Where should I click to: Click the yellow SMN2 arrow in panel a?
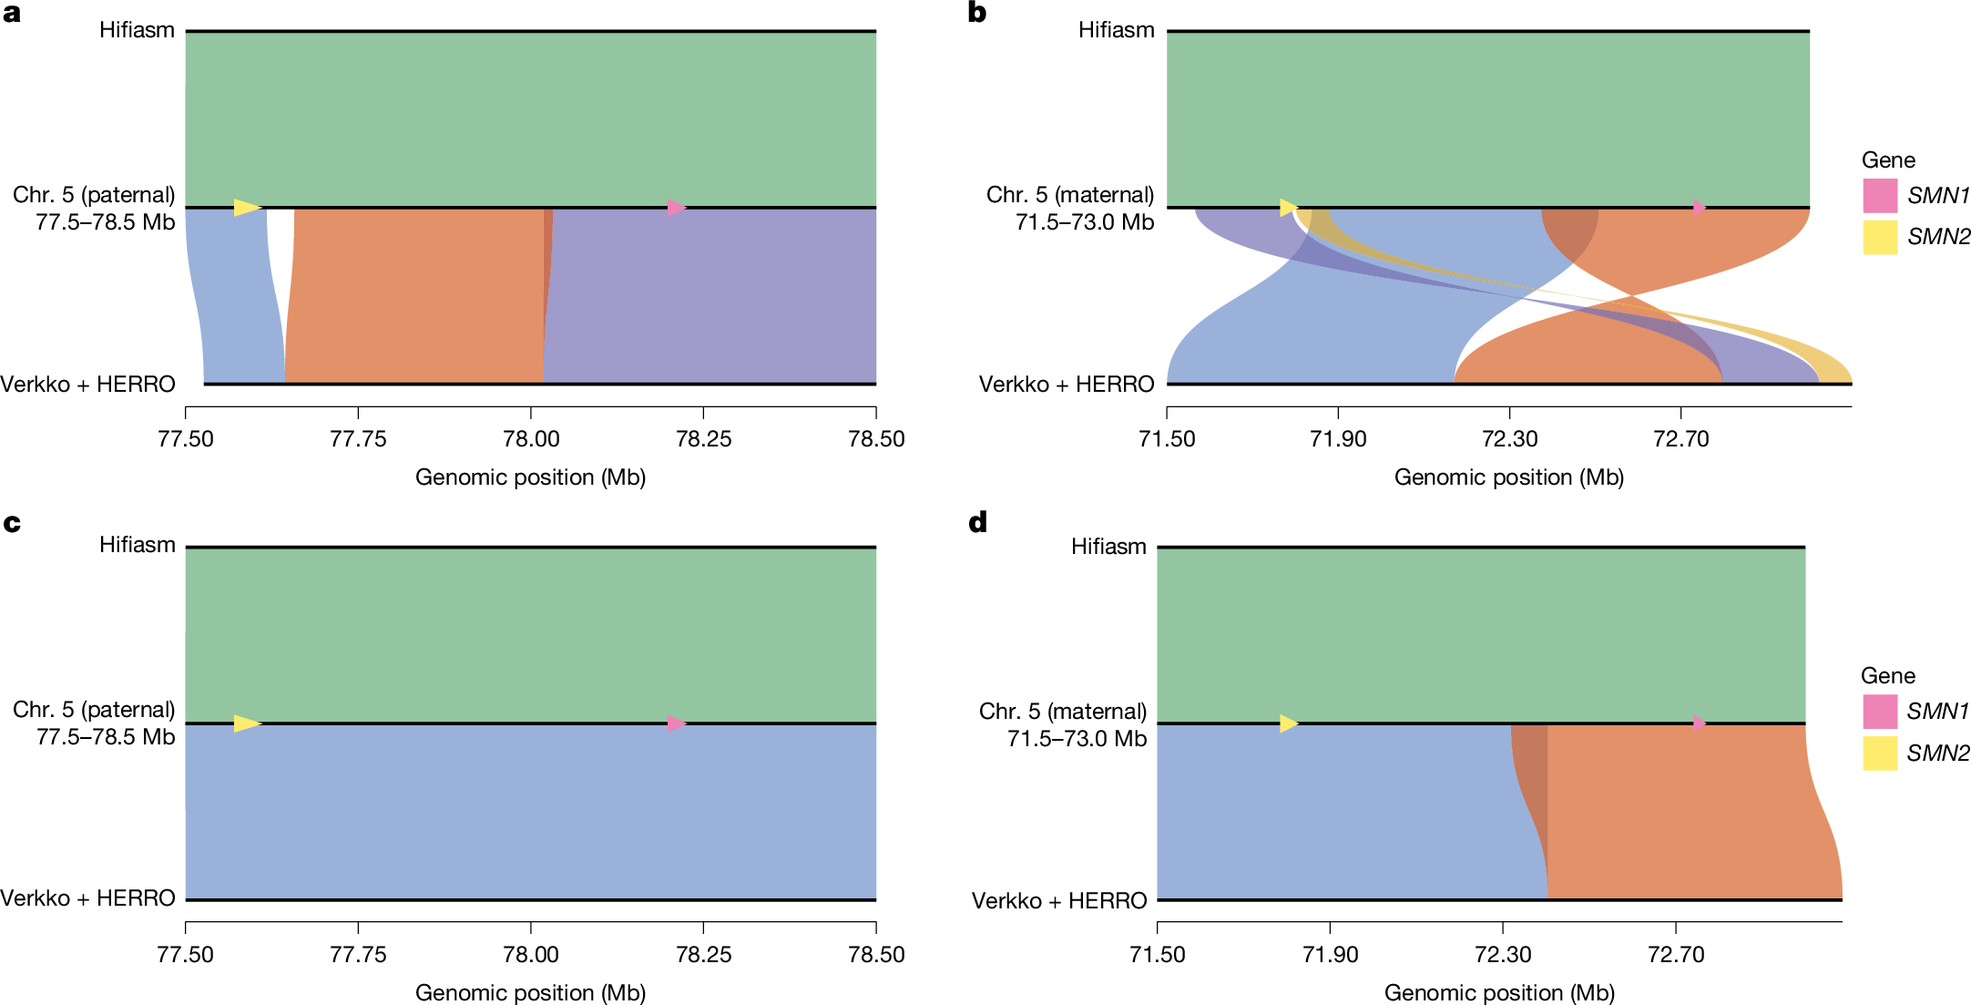(247, 208)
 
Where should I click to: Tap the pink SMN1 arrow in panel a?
(676, 208)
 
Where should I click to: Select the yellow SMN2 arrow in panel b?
(1288, 208)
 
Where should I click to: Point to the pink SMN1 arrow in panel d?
(1700, 723)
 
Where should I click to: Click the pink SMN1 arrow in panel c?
(676, 723)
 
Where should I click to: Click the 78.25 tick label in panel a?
(703, 439)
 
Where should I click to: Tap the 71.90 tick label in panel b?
(1338, 439)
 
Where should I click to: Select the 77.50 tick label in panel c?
(186, 955)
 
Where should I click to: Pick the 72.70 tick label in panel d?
(1676, 955)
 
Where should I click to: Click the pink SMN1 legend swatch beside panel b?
(1880, 196)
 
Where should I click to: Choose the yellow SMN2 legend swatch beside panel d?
(1880, 754)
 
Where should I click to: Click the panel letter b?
(977, 13)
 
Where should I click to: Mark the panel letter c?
(12, 524)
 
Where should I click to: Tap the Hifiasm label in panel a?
(137, 30)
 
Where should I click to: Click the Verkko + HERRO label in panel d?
(1058, 901)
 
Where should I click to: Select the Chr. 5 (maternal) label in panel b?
(1069, 195)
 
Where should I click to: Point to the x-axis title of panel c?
(530, 992)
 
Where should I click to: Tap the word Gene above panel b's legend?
(1888, 160)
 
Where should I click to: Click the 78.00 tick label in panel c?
(531, 955)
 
